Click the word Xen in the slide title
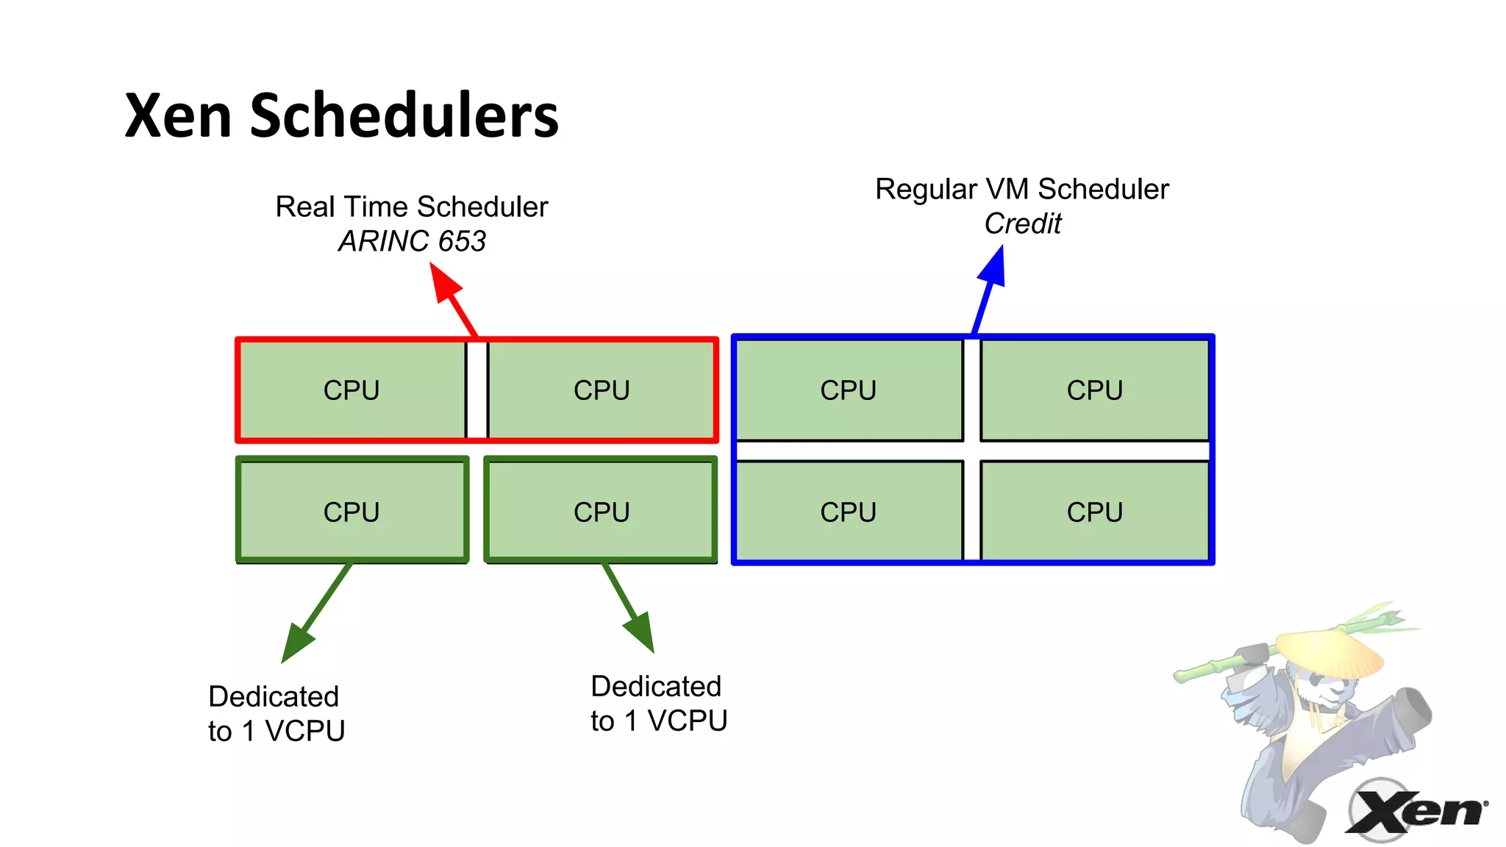pos(179,116)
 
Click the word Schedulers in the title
pos(404,116)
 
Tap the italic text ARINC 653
pos(412,241)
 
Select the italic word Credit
pos(1022,224)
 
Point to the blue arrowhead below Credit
pos(993,266)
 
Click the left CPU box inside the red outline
pos(351,390)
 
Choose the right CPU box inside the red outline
pos(602,390)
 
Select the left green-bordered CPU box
pos(351,511)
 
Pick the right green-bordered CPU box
pos(602,511)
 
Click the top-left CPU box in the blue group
pos(849,390)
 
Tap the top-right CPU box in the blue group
pos(1095,390)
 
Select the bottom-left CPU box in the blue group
pos(849,511)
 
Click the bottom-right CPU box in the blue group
pos(1095,511)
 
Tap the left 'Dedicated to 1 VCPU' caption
pos(276,713)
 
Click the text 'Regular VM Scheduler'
pos(1021,189)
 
